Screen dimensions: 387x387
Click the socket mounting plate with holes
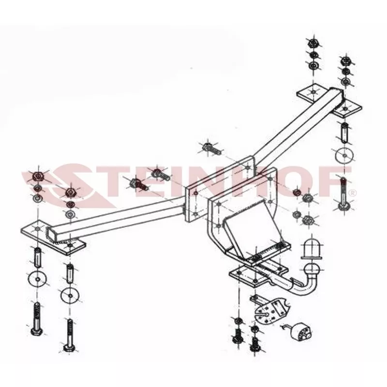click(270, 309)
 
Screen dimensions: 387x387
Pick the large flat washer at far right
click(344, 155)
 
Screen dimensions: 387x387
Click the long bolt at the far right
click(343, 194)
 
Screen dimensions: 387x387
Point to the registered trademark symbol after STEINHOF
click(353, 193)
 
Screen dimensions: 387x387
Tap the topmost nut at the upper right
click(313, 43)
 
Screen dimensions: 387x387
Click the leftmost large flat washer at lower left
click(37, 279)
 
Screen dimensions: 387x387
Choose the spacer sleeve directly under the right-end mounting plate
click(345, 133)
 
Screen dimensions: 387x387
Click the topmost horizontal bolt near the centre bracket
click(211, 149)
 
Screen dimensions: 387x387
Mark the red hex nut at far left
click(38, 176)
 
